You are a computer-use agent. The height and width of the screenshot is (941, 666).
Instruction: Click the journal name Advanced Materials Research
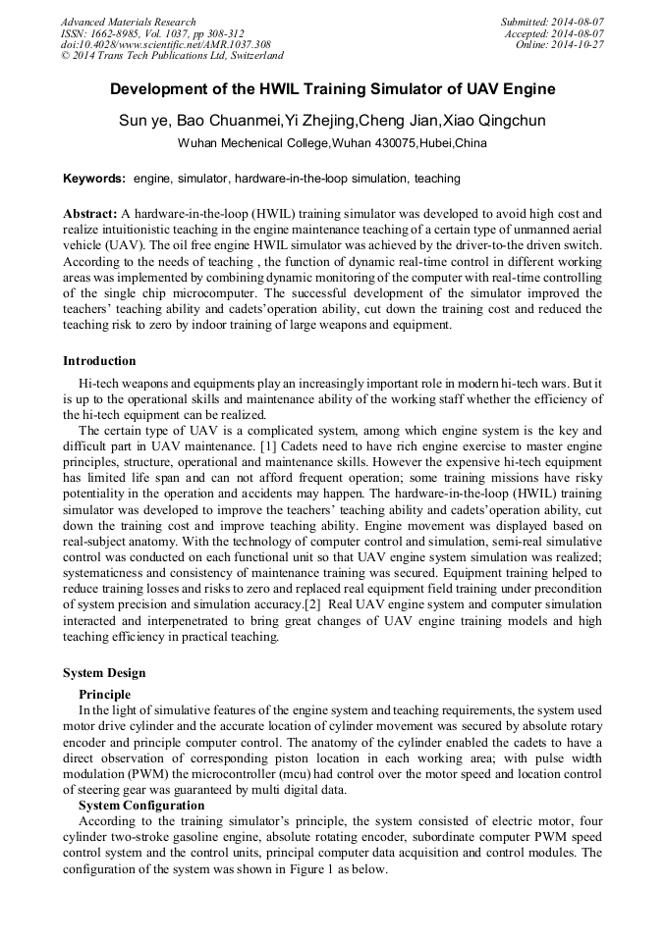[x=128, y=22]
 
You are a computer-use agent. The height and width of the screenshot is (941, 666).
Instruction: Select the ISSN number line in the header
[x=152, y=33]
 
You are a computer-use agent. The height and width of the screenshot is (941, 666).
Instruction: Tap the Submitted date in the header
[x=553, y=22]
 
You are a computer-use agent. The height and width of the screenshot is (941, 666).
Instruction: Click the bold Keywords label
[x=94, y=179]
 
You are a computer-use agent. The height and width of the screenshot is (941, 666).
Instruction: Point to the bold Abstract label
[x=90, y=213]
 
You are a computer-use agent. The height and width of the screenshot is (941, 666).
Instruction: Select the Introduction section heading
[x=99, y=361]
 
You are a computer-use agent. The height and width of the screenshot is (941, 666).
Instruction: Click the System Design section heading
[x=104, y=673]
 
